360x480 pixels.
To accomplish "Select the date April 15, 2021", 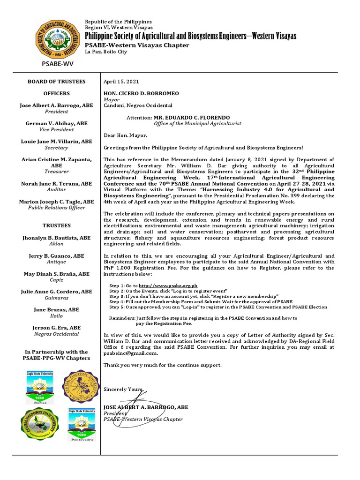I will (121, 82).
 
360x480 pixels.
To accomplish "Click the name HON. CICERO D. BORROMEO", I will (141, 94).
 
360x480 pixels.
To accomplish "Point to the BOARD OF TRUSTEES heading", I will (57, 82).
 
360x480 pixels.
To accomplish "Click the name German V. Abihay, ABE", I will (56, 123).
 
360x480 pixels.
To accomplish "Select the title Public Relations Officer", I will (56, 208).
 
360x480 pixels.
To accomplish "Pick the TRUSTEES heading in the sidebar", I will (57, 225).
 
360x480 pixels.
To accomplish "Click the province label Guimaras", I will (56, 298).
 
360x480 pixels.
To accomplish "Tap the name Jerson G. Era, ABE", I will (56, 328).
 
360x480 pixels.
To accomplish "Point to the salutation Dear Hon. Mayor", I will (125, 136).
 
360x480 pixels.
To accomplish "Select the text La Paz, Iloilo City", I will (105, 52).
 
